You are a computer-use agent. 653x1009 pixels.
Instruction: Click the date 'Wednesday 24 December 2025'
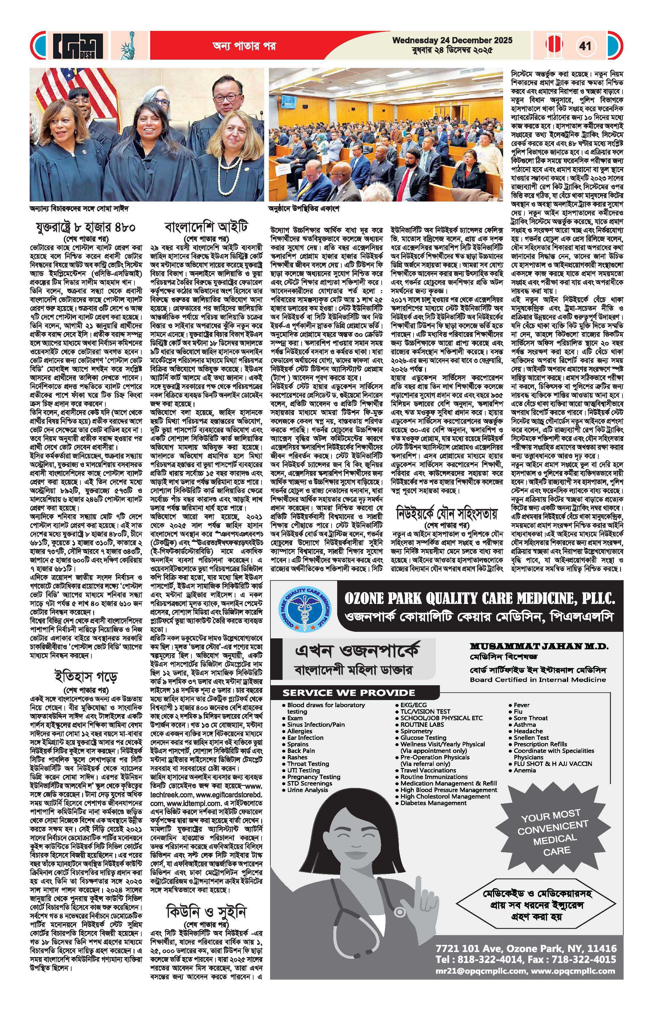tap(452, 40)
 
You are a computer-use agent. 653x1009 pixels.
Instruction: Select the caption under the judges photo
tap(79, 209)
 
